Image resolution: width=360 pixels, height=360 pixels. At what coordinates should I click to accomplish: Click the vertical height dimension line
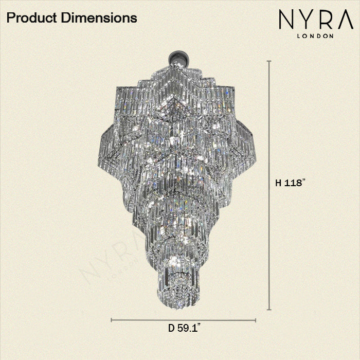click(x=269, y=129)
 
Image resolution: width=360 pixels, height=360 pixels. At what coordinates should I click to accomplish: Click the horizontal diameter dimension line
click(x=154, y=320)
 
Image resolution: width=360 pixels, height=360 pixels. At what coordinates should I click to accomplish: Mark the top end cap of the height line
click(x=269, y=61)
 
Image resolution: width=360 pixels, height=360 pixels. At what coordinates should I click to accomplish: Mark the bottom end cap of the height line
click(x=269, y=310)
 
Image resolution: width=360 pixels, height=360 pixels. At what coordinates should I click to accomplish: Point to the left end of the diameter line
click(x=112, y=320)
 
